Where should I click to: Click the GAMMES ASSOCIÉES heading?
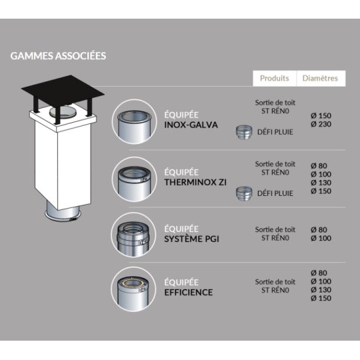coord(58,56)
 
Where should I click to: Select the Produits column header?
coord(275,78)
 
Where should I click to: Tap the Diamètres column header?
coord(320,78)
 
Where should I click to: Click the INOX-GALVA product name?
coord(191,125)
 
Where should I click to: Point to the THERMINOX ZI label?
coord(195,182)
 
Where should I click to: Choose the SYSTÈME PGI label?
coord(192,239)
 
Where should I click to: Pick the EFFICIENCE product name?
coord(189,293)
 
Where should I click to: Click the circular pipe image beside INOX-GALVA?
coord(134,122)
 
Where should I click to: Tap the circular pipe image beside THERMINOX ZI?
coord(134,179)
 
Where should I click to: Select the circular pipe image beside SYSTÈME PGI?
coord(133,235)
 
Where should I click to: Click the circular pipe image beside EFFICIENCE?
coord(133,289)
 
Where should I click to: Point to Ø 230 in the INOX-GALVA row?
coord(321,124)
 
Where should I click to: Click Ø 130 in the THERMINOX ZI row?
coord(321,183)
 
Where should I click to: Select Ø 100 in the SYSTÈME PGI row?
coord(321,238)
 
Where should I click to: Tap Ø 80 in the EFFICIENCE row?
coord(319,273)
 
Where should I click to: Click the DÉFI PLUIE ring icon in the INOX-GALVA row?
coord(244,132)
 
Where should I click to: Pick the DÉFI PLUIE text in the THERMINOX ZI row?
coord(275,193)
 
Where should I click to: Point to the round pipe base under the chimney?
coord(63,211)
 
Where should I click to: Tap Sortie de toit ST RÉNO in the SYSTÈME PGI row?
coord(275,234)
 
